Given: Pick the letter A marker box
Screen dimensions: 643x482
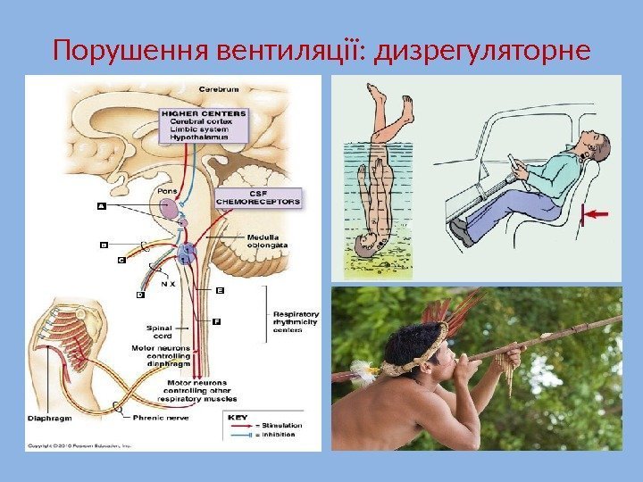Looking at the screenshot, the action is [100, 204].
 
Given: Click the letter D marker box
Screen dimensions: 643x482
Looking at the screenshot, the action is [140, 294].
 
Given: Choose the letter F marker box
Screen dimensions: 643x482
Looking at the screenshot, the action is [216, 320].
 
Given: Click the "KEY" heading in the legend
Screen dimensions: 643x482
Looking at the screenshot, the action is [238, 416].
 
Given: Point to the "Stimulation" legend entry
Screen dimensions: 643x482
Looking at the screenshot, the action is [278, 426].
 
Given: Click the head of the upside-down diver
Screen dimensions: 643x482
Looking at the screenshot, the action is [366, 245].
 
